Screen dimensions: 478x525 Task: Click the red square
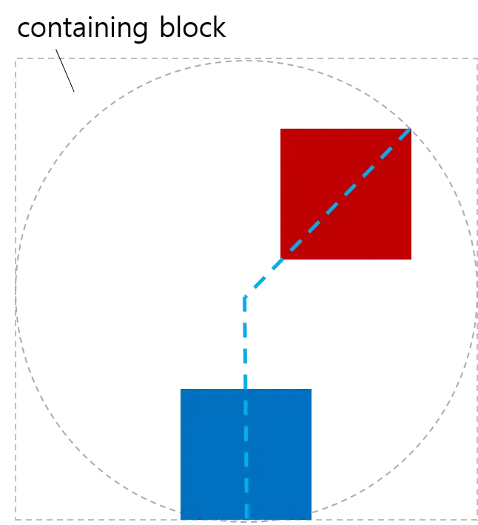click(345, 192)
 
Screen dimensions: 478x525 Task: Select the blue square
click(246, 452)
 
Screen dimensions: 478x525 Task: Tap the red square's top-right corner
click(411, 126)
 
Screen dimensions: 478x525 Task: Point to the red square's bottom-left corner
click(280, 259)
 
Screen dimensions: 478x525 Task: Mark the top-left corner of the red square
click(280, 126)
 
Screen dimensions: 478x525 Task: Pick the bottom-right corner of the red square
click(411, 259)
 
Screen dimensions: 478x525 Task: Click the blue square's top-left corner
click(179, 386)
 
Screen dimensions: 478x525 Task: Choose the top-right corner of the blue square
click(312, 386)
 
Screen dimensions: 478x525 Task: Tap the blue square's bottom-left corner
click(179, 518)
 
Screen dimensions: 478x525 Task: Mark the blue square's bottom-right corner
click(312, 518)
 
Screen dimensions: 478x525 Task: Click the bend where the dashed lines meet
click(246, 291)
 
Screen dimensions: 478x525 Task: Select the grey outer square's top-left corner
click(14, 56)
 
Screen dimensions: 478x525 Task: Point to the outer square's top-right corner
click(475, 56)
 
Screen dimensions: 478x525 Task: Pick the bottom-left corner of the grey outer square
click(14, 517)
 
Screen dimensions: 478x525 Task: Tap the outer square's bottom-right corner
click(475, 517)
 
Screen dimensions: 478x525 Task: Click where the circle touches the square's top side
click(245, 58)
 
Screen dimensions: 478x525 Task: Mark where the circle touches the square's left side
click(16, 287)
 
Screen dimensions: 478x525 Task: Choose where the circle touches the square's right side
click(474, 287)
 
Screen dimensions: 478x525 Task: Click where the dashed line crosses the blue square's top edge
click(246, 386)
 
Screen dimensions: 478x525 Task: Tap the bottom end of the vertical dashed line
click(246, 517)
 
